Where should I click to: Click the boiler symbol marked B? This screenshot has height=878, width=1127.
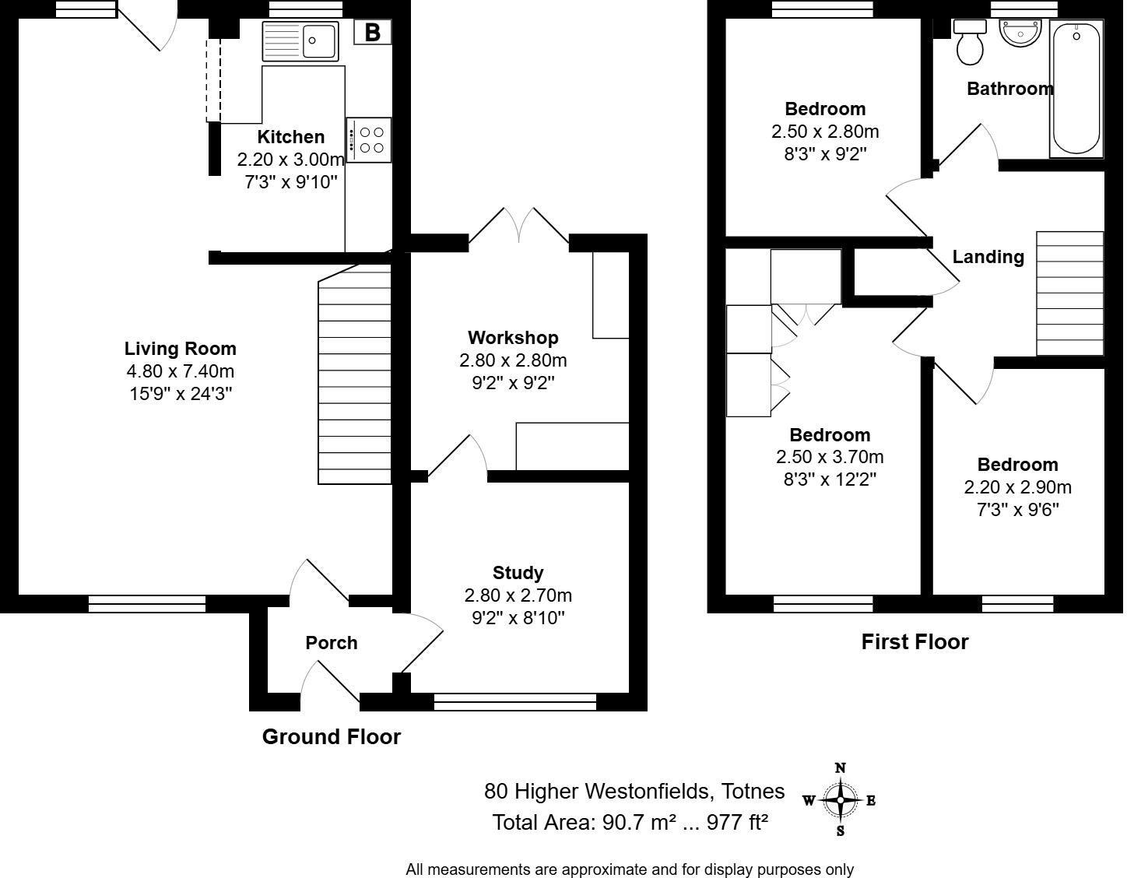click(372, 32)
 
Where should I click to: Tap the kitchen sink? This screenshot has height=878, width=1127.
click(300, 41)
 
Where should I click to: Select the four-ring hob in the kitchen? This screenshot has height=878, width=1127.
click(369, 140)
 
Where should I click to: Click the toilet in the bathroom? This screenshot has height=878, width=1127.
click(969, 43)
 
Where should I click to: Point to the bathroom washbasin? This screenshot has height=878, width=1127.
click(1020, 33)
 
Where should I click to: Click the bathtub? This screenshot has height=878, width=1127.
click(1076, 89)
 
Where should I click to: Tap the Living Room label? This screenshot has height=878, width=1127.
click(180, 349)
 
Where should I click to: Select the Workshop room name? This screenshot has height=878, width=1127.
click(513, 338)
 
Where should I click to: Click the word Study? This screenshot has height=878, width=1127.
click(518, 573)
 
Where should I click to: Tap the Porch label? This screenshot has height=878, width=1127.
click(332, 643)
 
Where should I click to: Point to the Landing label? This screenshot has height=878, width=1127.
click(988, 257)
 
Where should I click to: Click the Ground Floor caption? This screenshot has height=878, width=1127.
click(332, 736)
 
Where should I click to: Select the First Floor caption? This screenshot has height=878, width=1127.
click(915, 641)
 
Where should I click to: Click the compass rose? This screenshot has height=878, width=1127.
click(841, 800)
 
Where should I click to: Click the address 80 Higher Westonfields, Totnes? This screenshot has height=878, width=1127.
click(634, 792)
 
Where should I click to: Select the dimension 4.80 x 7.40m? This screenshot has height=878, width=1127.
click(180, 371)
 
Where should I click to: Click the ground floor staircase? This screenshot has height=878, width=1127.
click(354, 374)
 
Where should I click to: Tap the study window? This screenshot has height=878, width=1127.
click(515, 701)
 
